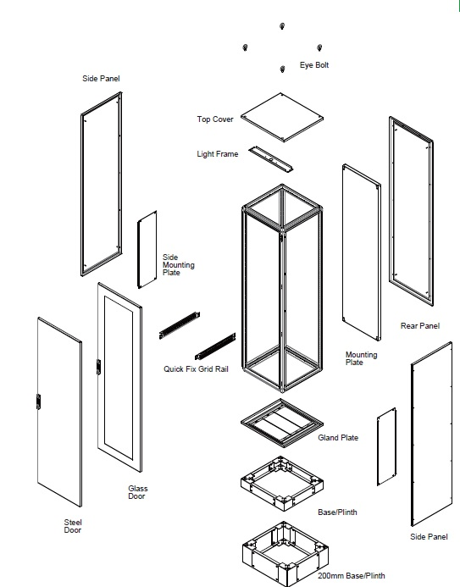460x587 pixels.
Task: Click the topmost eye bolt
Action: click(x=282, y=25)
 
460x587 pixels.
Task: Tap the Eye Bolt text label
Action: click(x=314, y=65)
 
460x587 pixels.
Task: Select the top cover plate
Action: click(x=282, y=118)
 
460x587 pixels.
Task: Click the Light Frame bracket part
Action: click(x=271, y=159)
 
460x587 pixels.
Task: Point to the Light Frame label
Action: click(x=218, y=154)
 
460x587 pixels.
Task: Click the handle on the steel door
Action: click(x=38, y=401)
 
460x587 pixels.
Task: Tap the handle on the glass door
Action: click(x=98, y=367)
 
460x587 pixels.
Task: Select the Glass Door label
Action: click(x=138, y=492)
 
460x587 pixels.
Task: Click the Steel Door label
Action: click(x=73, y=526)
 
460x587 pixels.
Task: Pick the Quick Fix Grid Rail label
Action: click(x=196, y=369)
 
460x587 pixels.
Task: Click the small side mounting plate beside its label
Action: click(x=147, y=250)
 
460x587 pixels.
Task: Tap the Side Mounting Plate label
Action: click(x=179, y=265)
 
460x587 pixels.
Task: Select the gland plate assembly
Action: click(x=282, y=423)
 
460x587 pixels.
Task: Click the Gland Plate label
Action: click(x=338, y=438)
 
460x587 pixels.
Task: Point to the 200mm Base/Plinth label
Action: click(x=351, y=576)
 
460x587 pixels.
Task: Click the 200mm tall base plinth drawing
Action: click(x=285, y=553)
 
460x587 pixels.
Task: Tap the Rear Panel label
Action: click(x=420, y=326)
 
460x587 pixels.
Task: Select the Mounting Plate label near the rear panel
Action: click(x=361, y=358)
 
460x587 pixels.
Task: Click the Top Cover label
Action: click(x=215, y=119)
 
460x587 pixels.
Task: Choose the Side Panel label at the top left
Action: click(x=101, y=79)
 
